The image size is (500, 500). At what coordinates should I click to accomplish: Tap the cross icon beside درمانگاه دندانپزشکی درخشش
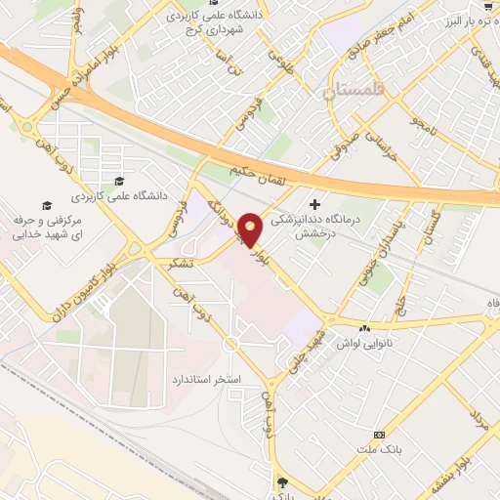tap(314, 204)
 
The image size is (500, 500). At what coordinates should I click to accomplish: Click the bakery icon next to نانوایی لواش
tap(365, 329)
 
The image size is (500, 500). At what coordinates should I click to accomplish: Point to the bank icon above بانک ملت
tap(380, 434)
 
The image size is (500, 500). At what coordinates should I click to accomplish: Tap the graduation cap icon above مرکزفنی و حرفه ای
tap(46, 205)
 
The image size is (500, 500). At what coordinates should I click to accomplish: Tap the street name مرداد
tap(479, 429)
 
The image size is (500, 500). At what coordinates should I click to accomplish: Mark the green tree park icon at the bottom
tap(282, 481)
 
